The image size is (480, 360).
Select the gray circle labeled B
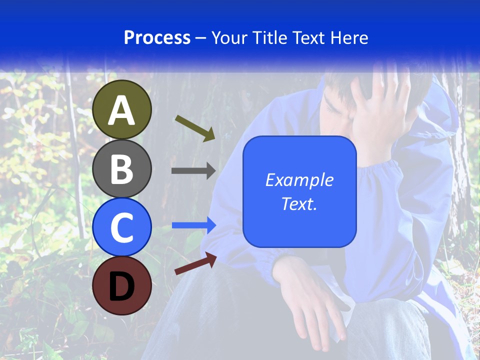(122, 168)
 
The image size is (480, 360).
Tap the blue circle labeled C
(122, 227)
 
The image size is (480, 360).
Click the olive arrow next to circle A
(195, 127)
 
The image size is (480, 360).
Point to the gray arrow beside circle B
(193, 171)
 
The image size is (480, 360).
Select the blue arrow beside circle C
(194, 225)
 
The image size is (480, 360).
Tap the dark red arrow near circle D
(195, 264)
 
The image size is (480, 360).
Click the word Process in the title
(157, 38)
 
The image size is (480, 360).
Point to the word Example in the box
(299, 180)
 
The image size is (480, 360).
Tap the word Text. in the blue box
(299, 203)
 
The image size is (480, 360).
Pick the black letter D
(122, 287)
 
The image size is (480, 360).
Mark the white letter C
(122, 228)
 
